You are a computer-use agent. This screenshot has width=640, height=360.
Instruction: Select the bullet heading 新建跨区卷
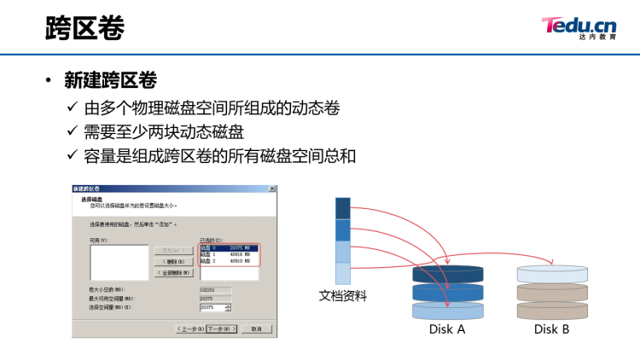111,81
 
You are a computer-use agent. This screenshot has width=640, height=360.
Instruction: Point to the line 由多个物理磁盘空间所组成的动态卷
212,108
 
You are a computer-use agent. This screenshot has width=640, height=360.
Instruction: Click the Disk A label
447,329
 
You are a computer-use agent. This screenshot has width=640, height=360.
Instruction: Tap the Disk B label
551,329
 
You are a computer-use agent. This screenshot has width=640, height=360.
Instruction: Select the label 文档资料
343,296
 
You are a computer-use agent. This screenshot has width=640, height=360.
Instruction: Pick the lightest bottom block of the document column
343,273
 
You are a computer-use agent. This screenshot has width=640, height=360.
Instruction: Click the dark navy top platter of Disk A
448,274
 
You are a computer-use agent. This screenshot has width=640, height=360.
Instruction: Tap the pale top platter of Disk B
552,273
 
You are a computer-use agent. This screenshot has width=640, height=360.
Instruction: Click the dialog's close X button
271,189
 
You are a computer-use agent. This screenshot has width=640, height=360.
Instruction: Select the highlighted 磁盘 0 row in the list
228,247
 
